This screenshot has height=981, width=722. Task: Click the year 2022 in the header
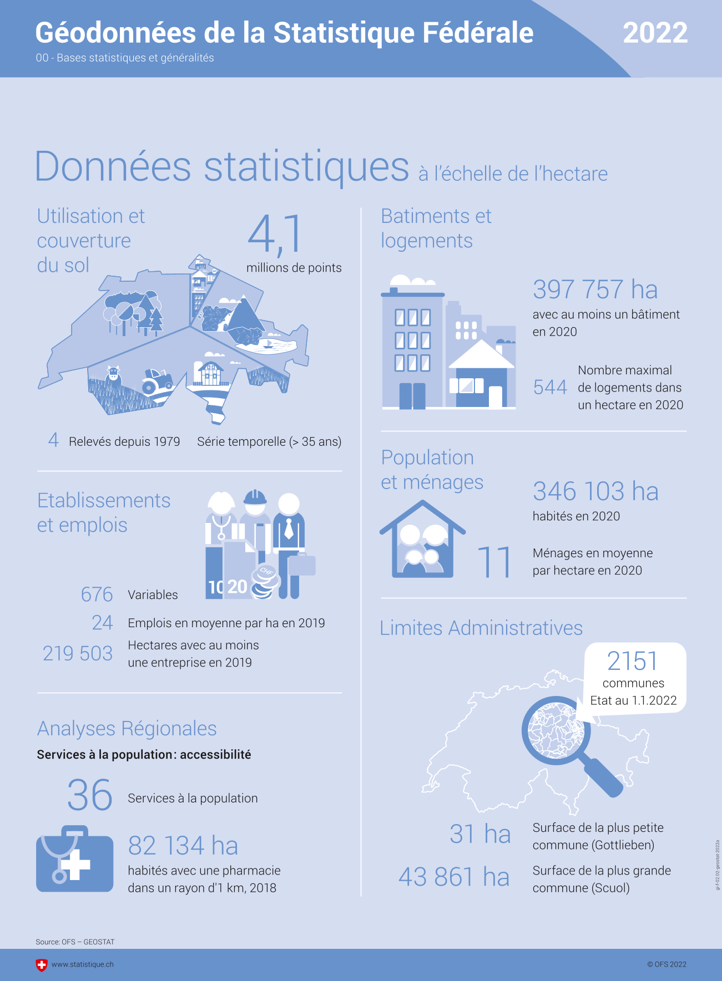tap(655, 33)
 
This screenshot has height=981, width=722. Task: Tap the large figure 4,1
tap(275, 234)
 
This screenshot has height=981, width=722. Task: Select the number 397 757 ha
tap(595, 289)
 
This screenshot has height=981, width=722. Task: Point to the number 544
tap(550, 387)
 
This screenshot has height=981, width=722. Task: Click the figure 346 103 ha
tap(595, 491)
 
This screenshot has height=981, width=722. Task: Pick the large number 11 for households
tap(494, 562)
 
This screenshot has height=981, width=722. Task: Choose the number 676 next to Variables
tap(97, 594)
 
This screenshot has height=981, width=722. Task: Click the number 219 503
tap(78, 653)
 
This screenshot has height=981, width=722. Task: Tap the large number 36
tap(90, 795)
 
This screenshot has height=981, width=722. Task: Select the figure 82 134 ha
tap(183, 846)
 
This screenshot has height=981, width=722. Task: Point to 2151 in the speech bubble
tap(632, 661)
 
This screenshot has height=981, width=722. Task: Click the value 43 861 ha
tap(454, 877)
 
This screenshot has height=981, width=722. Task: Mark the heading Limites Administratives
tap(481, 628)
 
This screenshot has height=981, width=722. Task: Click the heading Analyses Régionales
tap(127, 729)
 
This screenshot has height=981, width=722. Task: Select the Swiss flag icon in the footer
tap(42, 965)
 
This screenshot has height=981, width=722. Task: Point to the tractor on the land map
tap(157, 381)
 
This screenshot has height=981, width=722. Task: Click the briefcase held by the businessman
tap(301, 565)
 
